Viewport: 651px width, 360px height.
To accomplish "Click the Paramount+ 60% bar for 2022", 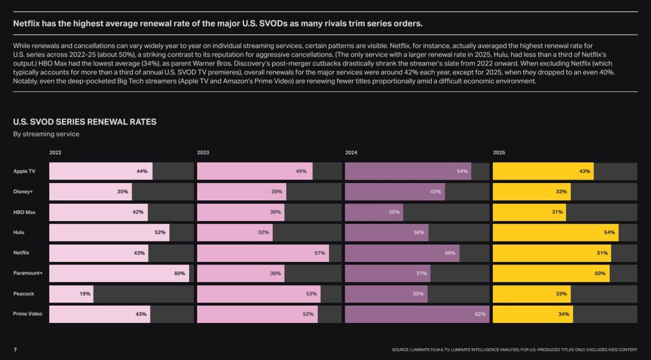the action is [119, 274].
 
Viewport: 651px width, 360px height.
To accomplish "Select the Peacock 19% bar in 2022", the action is [72, 294].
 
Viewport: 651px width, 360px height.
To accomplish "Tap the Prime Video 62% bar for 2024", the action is [418, 314].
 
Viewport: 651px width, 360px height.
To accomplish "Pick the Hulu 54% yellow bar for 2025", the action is [556, 232].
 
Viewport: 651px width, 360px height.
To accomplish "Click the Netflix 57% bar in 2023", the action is [263, 253].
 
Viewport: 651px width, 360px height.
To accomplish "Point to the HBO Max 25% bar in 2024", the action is [374, 213].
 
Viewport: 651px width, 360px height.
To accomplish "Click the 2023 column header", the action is [203, 153].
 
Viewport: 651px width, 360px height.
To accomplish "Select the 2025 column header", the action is [499, 153].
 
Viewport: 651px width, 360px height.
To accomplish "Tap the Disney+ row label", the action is [23, 192].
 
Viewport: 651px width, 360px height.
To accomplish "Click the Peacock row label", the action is [23, 294].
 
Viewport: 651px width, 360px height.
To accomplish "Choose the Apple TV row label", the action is [24, 171].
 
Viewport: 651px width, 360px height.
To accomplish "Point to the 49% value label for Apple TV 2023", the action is [301, 171].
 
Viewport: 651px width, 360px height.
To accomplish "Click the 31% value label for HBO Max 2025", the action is [557, 212].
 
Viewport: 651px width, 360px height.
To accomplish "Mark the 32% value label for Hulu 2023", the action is [263, 232].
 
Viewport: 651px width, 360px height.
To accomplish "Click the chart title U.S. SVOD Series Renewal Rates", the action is [84, 122].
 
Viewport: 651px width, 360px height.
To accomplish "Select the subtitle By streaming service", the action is [46, 134].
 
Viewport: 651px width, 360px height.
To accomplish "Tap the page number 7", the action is [15, 349].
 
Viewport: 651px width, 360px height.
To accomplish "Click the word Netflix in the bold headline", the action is [26, 23].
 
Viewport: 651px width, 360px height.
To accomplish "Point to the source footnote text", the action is [514, 350].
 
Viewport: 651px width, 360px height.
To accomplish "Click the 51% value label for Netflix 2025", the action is [603, 253].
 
